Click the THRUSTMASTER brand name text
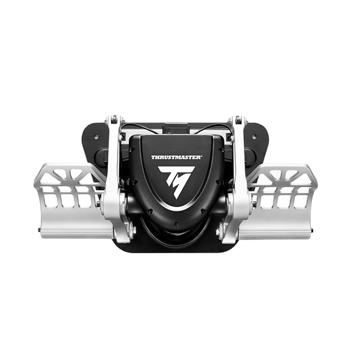tap(176, 157)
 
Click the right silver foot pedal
tap(279, 200)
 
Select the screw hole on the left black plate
tap(96, 137)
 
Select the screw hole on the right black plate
tap(254, 137)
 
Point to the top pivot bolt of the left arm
tap(114, 119)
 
